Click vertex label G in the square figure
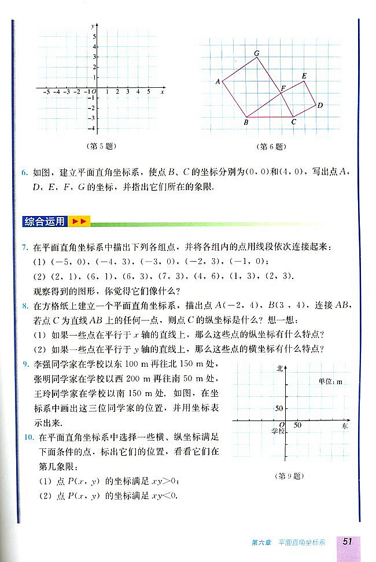coord(256,53)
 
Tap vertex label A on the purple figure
coord(218,81)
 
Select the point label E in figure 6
coord(304,76)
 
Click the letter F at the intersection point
coord(283,88)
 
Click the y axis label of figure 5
coord(92,27)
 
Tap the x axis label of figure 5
coord(163,92)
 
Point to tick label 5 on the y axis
coord(94,36)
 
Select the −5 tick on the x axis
coord(46,92)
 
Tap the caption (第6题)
coord(271,146)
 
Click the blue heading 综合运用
coord(44,221)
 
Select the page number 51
coord(348,541)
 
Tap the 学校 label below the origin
coord(278,431)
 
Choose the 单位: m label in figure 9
coord(330,382)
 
